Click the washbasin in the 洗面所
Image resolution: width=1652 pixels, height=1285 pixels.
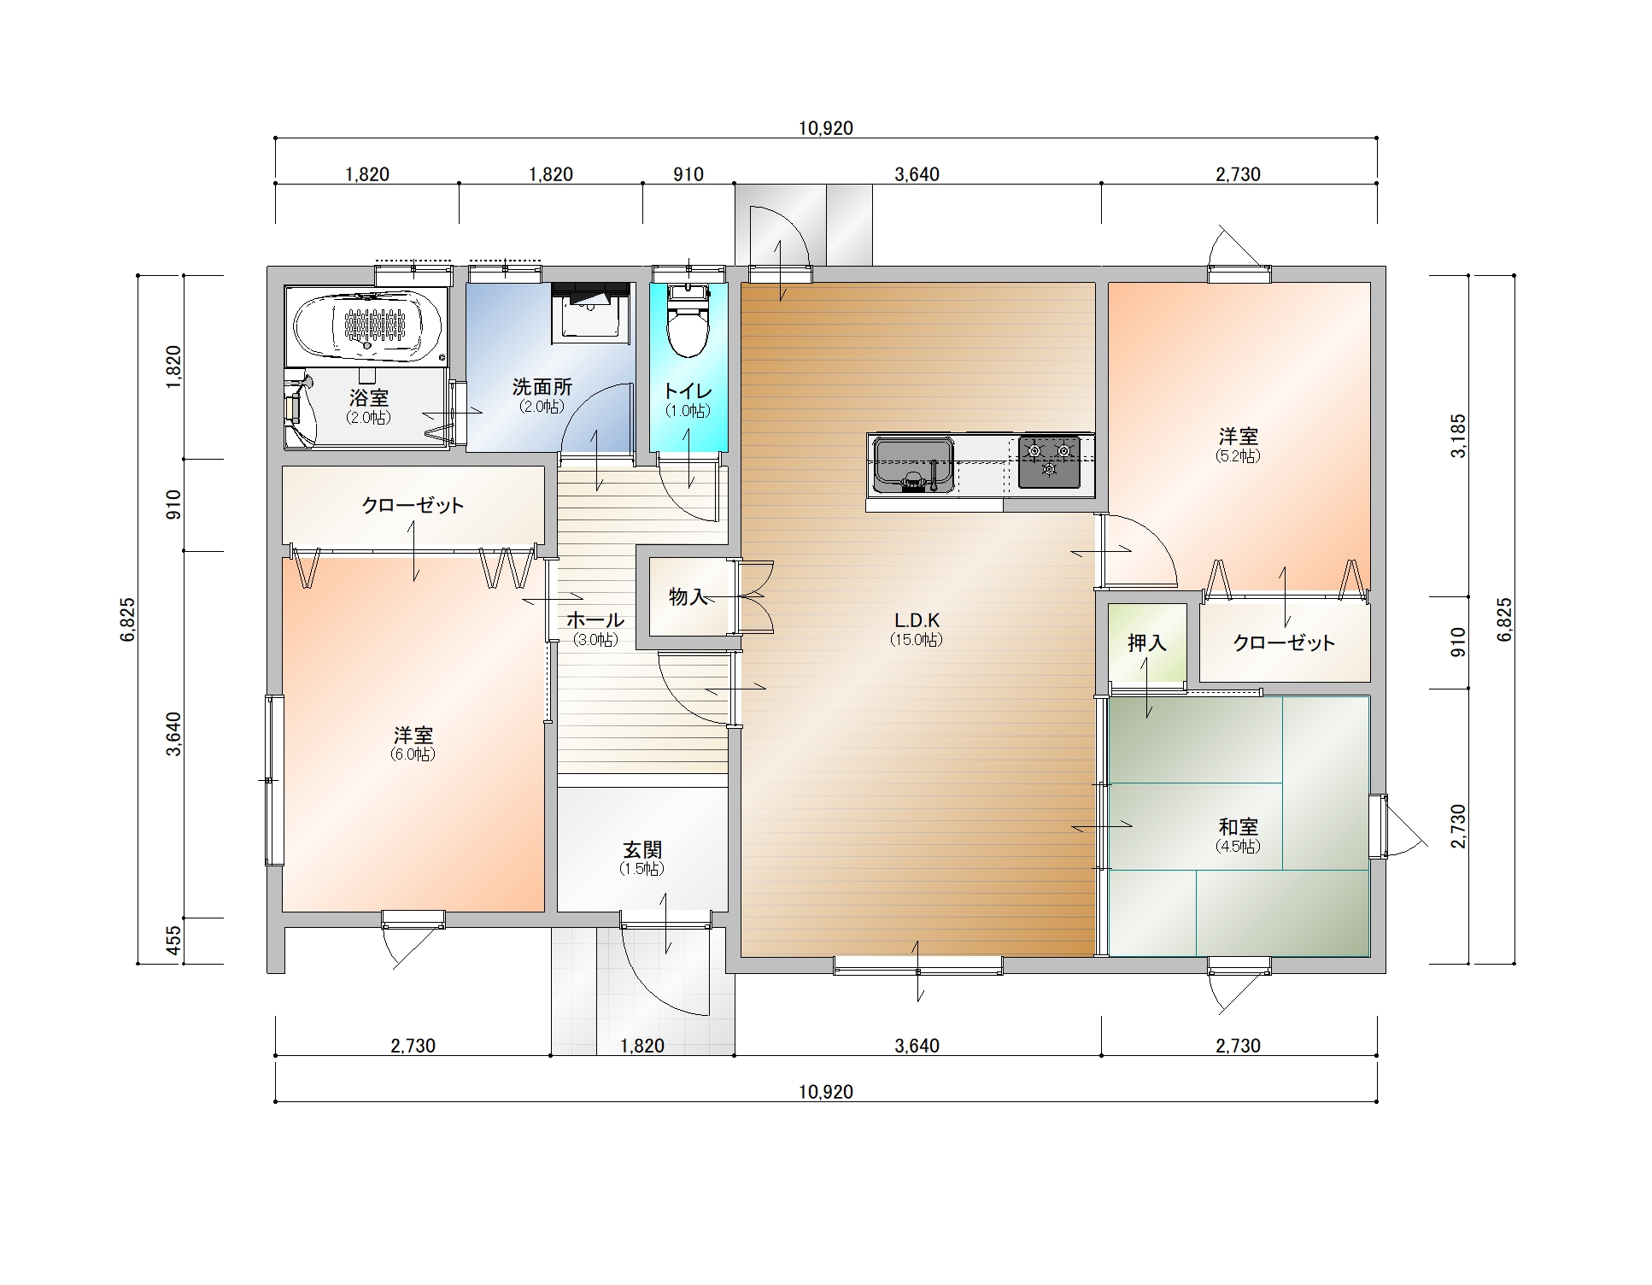click(590, 314)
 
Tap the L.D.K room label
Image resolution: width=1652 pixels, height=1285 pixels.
click(917, 619)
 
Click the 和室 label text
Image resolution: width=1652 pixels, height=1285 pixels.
click(1238, 826)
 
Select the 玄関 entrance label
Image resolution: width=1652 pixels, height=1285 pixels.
click(642, 849)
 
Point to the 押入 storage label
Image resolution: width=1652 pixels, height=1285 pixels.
click(1146, 642)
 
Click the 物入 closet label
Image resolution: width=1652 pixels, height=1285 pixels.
click(688, 596)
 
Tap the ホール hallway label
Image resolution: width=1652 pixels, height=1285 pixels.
click(595, 619)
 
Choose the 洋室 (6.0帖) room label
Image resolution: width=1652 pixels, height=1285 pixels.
click(413, 735)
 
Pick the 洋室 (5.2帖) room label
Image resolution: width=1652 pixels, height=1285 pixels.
click(1238, 436)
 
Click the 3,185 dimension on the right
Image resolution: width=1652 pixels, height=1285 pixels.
click(1459, 436)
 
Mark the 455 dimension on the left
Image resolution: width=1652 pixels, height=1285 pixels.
click(173, 941)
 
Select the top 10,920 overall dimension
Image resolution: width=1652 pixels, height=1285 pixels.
click(826, 128)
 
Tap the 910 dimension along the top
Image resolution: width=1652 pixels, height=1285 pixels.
click(688, 174)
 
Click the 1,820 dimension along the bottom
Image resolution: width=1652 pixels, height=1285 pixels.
click(642, 1046)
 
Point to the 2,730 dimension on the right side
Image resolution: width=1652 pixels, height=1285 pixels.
click(1459, 826)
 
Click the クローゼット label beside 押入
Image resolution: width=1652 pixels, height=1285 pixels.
click(1284, 642)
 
